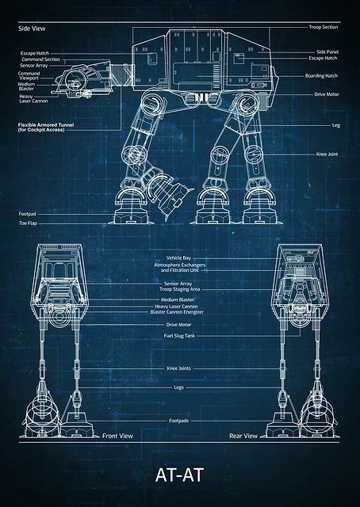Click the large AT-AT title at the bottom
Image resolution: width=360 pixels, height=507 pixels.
[x=179, y=475]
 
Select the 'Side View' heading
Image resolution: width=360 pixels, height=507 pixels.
[x=32, y=29]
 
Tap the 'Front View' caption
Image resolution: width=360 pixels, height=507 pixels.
[x=117, y=436]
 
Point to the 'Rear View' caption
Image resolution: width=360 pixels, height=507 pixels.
[x=243, y=436]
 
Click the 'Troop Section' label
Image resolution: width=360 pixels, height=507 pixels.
[x=323, y=27]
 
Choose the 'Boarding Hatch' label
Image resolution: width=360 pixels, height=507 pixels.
[x=321, y=76]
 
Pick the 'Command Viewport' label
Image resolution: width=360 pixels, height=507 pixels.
[x=29, y=76]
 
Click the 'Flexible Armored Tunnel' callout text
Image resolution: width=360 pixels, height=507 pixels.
[x=46, y=127]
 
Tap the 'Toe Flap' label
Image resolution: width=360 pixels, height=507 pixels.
[x=28, y=223]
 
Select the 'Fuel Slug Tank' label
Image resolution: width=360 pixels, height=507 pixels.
[x=179, y=336]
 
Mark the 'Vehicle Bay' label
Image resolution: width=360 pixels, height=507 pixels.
[x=178, y=258]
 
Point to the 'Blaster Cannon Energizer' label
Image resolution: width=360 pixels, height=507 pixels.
[x=177, y=312]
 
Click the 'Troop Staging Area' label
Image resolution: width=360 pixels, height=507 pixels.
[x=180, y=289]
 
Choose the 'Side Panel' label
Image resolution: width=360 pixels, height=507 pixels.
[x=327, y=51]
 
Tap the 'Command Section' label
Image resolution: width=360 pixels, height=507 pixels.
[x=40, y=59]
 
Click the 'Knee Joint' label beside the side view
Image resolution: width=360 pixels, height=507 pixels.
[x=327, y=154]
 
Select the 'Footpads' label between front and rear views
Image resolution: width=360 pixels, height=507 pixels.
[x=178, y=421]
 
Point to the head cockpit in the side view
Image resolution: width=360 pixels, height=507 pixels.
[x=83, y=78]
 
